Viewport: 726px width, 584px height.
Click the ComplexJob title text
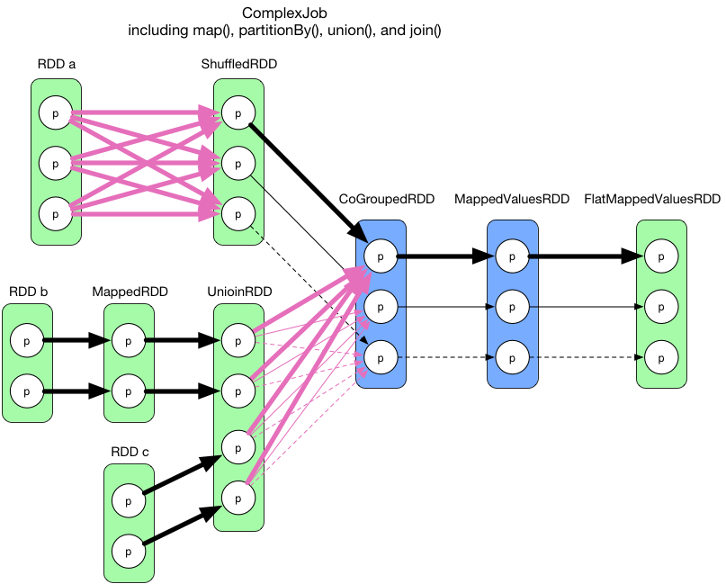pos(284,14)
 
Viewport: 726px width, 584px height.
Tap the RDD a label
pos(57,64)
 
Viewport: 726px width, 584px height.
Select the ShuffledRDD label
pos(239,64)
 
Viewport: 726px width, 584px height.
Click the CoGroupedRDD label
pos(381,198)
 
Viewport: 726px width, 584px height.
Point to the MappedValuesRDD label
pos(512,198)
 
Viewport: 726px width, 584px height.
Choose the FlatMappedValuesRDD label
pos(652,198)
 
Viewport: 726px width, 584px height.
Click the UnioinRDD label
pos(238,292)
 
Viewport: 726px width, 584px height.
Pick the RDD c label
pos(130,452)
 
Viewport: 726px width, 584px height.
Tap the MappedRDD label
pos(129,292)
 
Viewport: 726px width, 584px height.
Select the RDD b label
pos(27,292)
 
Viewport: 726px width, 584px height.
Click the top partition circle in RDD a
pos(56,113)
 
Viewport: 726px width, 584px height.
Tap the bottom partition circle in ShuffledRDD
pos(238,215)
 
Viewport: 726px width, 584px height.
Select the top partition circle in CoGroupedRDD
pos(381,256)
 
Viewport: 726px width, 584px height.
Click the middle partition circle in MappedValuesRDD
pos(512,307)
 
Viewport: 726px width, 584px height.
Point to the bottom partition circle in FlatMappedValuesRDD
pos(661,357)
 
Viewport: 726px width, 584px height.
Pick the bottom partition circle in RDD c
pos(129,547)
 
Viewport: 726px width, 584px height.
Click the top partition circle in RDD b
pos(27,341)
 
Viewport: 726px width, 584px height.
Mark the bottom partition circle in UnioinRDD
pos(238,494)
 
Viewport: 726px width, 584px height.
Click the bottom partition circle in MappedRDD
pos(129,391)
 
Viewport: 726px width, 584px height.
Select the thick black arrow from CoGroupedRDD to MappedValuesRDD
pos(445,256)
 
